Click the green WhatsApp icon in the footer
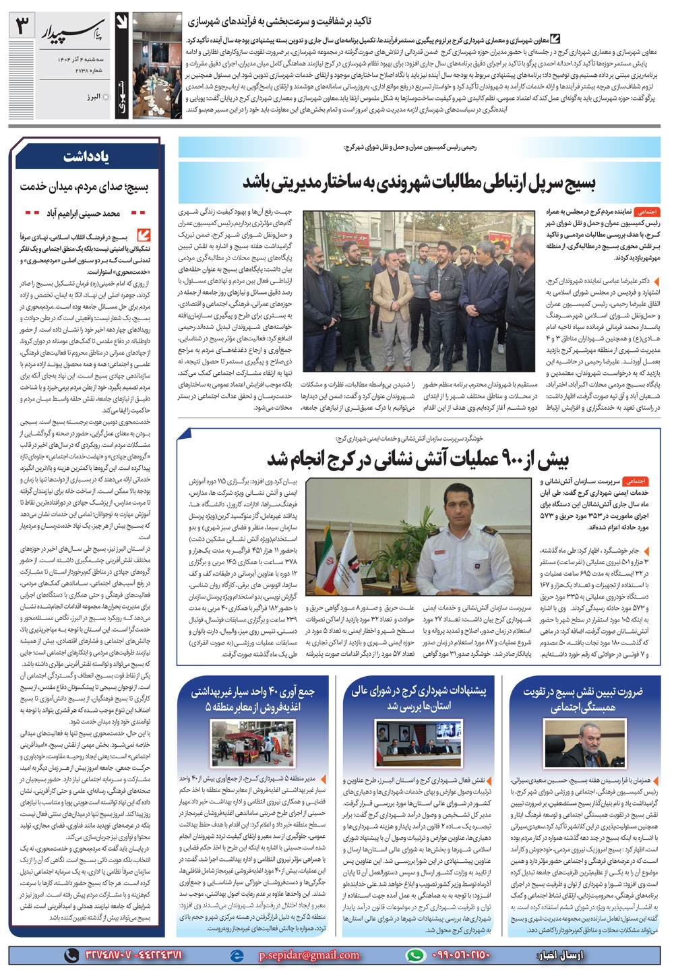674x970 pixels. [415, 954]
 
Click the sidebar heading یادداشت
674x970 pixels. [88, 157]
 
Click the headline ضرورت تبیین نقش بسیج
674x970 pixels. [582, 699]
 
